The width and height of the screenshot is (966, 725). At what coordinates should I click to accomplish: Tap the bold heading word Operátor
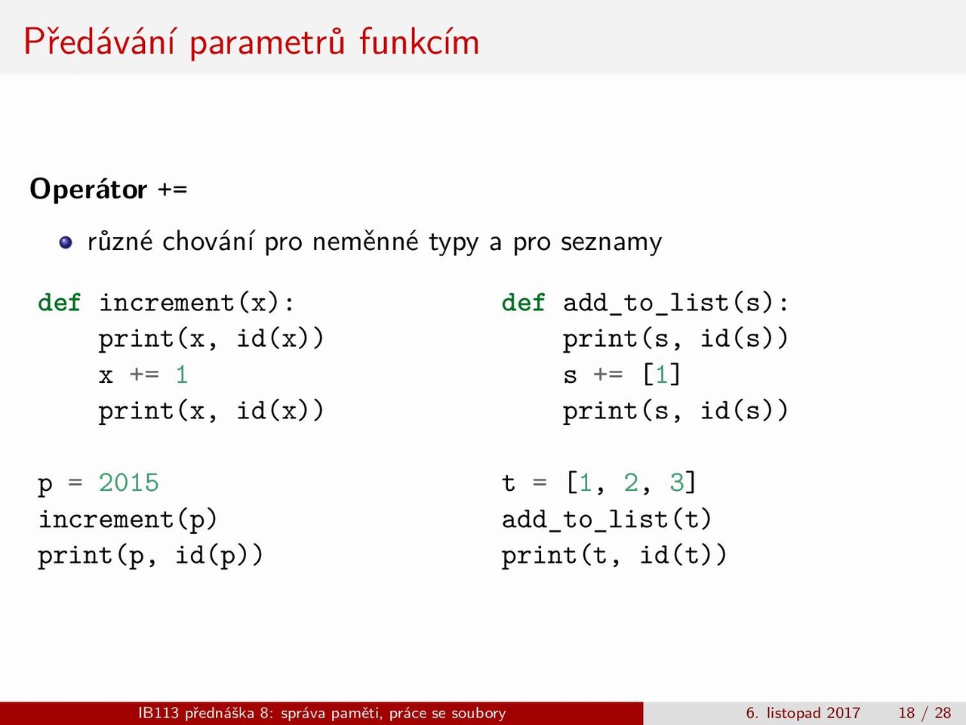[x=88, y=190]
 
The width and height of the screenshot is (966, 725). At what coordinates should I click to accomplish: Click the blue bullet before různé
[x=66, y=242]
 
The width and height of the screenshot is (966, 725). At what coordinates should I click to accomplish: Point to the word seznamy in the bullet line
[x=611, y=243]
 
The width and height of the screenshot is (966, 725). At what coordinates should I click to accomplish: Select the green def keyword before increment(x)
[x=60, y=303]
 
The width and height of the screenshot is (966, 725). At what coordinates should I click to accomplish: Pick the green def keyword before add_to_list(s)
[x=523, y=303]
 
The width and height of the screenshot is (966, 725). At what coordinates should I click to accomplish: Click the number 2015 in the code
[x=128, y=483]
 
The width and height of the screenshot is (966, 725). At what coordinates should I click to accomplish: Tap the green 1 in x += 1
[x=182, y=375]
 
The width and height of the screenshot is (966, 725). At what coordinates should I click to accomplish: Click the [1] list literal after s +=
[x=661, y=375]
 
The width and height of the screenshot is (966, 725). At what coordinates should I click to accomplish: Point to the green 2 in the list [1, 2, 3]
[x=631, y=483]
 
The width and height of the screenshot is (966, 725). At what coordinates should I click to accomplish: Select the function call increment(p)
[x=128, y=520]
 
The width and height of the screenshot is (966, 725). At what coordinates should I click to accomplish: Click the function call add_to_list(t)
[x=607, y=520]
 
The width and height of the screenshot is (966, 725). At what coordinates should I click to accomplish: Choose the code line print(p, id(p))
[x=150, y=556]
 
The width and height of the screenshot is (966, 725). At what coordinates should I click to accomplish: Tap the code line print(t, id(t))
[x=614, y=556]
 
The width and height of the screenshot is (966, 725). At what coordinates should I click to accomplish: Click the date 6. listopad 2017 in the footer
[x=803, y=713]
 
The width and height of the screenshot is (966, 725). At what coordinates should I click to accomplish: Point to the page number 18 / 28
[x=924, y=713]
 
